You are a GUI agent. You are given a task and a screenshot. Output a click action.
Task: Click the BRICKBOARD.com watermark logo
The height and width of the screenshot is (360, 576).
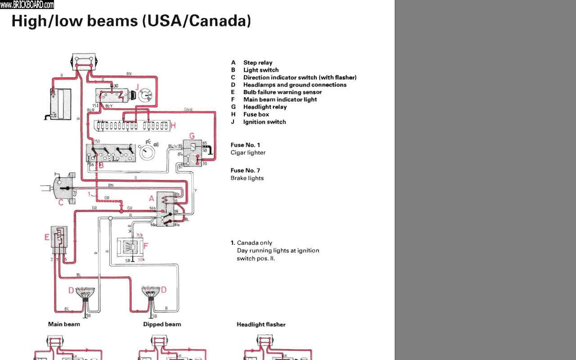27,4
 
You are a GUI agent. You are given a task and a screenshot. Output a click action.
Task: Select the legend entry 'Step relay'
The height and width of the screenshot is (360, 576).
258,63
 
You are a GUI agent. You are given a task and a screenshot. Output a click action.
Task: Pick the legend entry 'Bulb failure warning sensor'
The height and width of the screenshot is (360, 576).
282,92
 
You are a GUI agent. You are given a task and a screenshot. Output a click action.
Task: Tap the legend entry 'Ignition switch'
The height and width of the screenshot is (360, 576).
264,122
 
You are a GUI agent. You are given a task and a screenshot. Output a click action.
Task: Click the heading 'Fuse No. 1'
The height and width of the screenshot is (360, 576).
245,145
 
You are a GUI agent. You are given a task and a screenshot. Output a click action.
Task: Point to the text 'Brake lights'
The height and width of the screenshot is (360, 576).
247,178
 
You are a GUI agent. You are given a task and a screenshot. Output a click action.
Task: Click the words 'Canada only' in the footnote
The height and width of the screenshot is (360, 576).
254,243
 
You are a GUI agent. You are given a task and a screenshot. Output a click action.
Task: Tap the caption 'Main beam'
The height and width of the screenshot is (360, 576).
64,324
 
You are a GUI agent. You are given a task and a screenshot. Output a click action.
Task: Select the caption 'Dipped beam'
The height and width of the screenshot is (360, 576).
162,324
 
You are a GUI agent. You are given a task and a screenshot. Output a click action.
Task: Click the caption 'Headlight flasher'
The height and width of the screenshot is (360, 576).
261,324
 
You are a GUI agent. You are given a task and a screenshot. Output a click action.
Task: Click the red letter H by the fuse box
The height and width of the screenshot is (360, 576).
173,125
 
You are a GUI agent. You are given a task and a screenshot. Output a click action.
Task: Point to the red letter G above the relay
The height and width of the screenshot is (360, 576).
192,135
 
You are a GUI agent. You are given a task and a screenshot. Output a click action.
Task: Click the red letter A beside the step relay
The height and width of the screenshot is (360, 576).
152,198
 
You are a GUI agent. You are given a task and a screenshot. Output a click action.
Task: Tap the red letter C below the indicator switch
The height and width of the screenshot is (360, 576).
61,203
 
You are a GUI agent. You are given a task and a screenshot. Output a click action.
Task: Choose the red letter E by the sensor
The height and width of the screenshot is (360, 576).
47,238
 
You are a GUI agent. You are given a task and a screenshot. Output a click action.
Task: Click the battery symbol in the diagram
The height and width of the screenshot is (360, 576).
60,103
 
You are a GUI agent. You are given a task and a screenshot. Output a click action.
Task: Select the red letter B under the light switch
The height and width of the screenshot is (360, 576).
101,166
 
